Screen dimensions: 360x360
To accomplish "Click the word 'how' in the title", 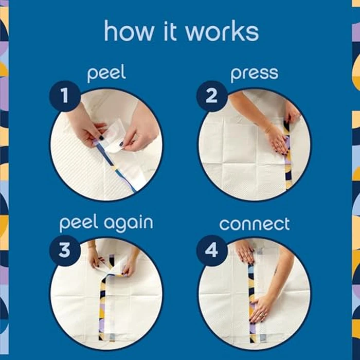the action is tap(129, 31).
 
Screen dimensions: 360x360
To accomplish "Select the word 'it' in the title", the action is tap(170, 31).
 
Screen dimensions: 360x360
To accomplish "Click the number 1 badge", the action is tap(65, 96).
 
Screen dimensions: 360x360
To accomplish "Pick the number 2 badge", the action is tap(212, 96).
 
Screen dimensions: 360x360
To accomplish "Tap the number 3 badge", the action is tap(65, 250).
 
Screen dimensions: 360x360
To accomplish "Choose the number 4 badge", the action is tap(212, 250).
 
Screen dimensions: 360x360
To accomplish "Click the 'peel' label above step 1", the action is tap(106, 73).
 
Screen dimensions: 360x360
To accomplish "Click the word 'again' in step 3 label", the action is tap(129, 224).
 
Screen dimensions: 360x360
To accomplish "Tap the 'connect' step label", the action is tap(255, 224).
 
